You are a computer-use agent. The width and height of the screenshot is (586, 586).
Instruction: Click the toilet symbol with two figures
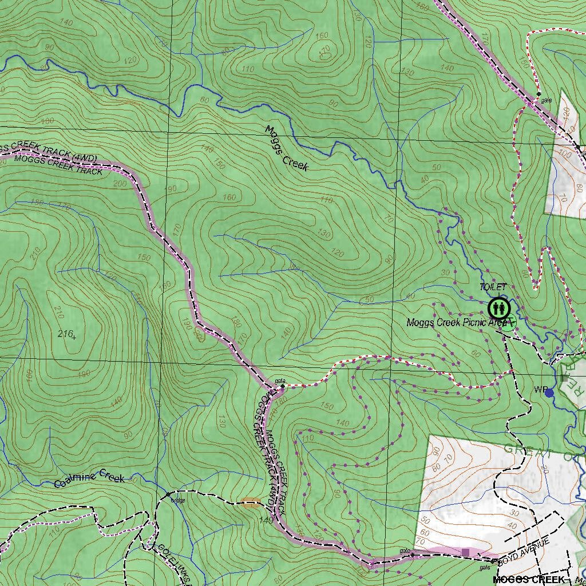[x=499, y=309]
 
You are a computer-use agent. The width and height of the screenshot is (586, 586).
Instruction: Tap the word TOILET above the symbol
[x=493, y=287]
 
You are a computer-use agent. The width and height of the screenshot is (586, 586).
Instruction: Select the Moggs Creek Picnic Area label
[x=457, y=323]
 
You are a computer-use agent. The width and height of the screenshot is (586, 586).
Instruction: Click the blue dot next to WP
[x=549, y=393]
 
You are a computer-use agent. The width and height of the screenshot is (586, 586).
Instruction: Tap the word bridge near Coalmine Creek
[x=178, y=500]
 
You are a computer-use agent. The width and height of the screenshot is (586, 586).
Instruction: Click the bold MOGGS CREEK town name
[x=528, y=580]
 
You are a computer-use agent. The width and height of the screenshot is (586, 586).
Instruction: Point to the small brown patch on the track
[x=250, y=502]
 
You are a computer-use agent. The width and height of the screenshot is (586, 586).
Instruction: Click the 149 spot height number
[x=266, y=521]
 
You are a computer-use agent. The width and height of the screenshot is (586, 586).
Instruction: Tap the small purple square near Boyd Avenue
[x=465, y=552]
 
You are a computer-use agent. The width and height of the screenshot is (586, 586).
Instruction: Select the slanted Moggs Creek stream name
[x=287, y=148]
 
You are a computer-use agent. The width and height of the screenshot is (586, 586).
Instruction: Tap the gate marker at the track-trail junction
[x=282, y=387]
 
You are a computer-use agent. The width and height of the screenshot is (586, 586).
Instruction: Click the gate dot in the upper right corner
[x=539, y=94]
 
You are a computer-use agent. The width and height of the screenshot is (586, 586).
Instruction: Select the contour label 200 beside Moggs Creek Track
[x=120, y=184]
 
